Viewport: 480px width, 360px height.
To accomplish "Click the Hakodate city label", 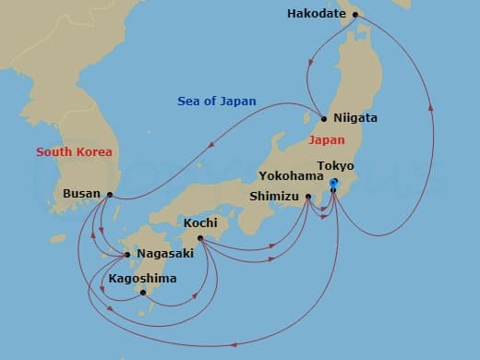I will (x=317, y=14).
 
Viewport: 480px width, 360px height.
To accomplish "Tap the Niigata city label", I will (x=355, y=118).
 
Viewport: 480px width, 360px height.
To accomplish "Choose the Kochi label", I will (x=200, y=223).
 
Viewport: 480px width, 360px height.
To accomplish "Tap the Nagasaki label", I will (x=164, y=254).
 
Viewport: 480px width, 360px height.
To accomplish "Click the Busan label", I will (x=80, y=194).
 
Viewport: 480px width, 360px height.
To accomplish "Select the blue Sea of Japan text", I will (x=218, y=102).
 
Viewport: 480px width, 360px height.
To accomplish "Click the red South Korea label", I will (x=74, y=151).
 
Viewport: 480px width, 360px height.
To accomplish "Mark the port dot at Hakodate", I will (x=354, y=14).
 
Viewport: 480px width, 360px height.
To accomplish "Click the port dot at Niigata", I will (x=324, y=118).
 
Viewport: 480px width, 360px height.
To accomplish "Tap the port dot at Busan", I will (x=110, y=194).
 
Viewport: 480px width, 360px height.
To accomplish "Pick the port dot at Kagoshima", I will (x=143, y=293).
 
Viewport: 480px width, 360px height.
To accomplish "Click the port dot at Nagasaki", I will (x=127, y=254).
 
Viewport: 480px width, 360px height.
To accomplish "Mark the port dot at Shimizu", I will (x=308, y=196).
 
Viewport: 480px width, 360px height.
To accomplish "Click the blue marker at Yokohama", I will (x=334, y=184).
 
